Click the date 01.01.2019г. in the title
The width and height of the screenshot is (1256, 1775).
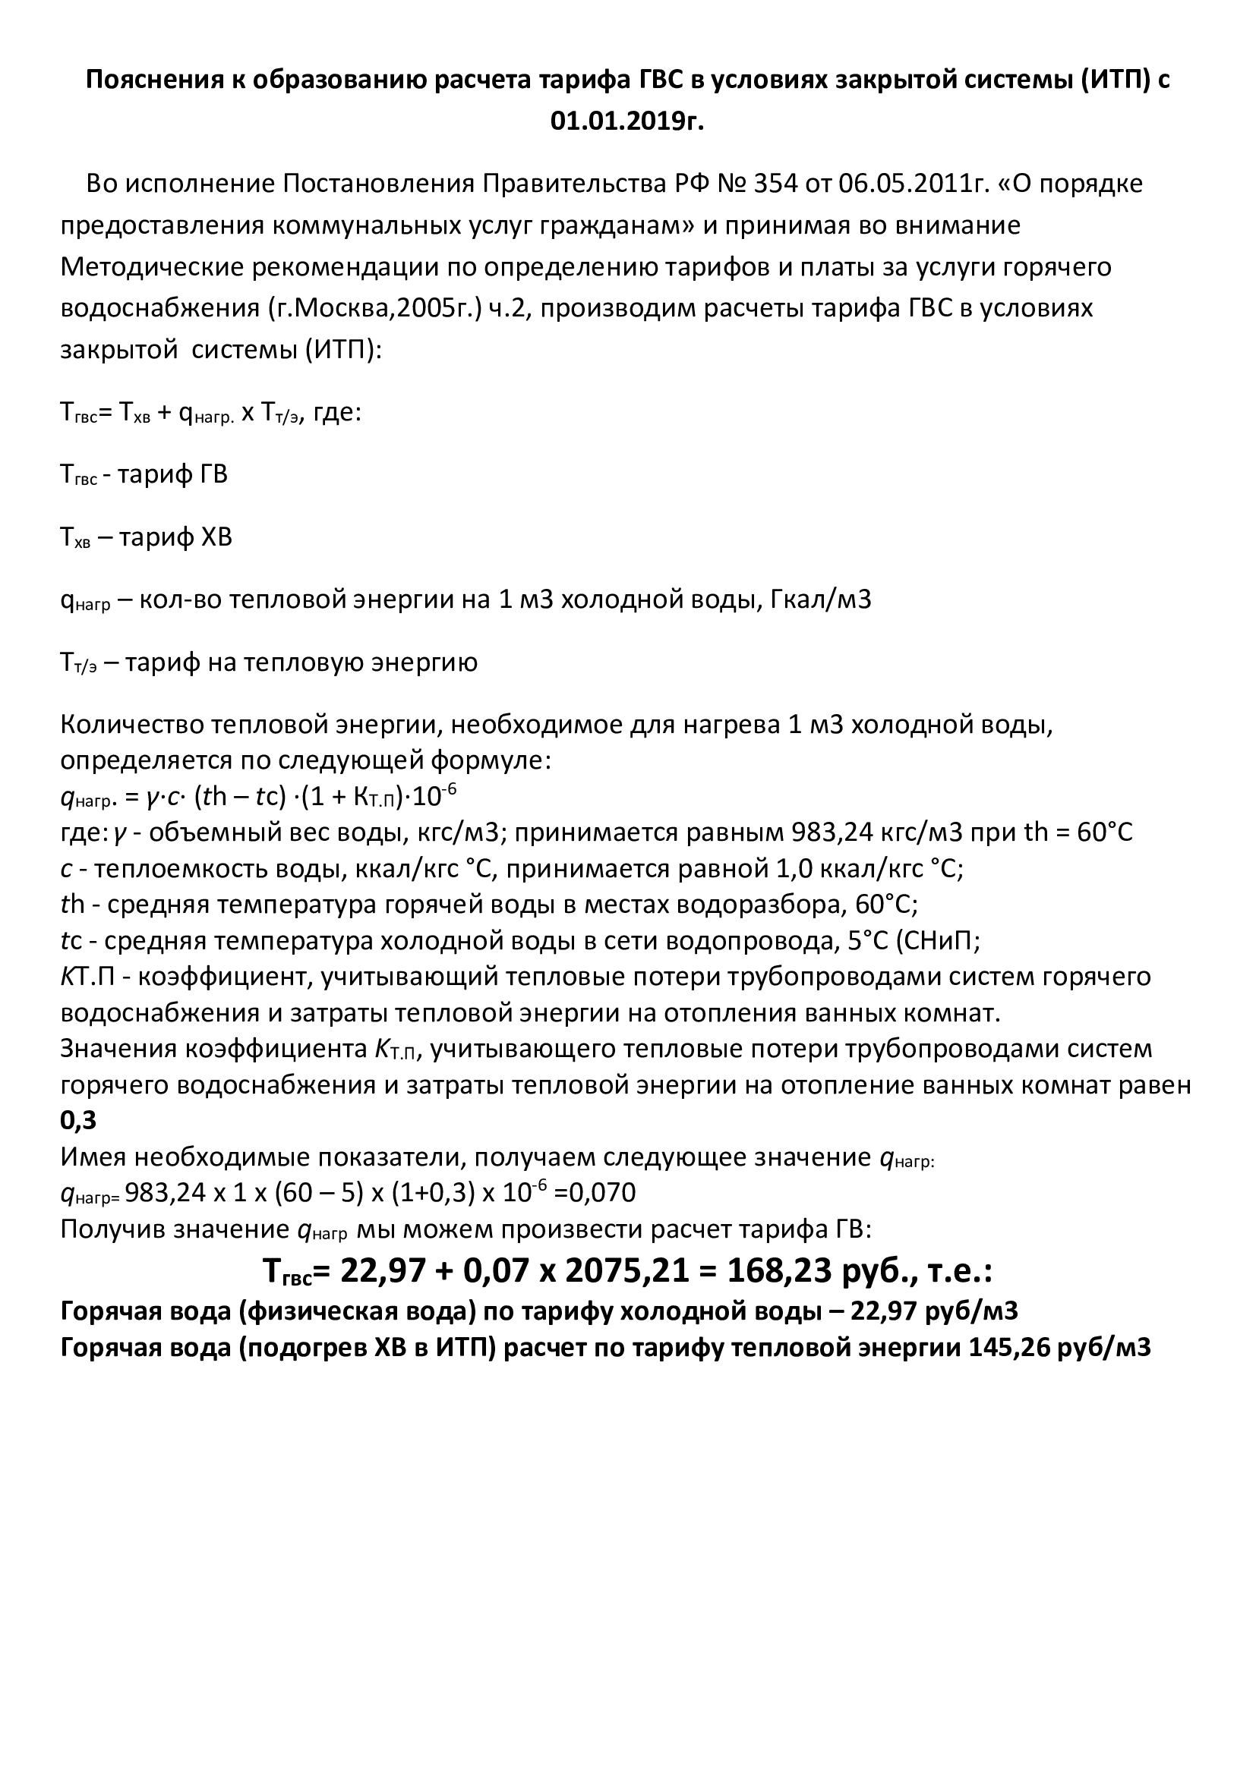coord(627,121)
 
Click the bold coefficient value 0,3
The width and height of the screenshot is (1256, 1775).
coord(78,1120)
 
